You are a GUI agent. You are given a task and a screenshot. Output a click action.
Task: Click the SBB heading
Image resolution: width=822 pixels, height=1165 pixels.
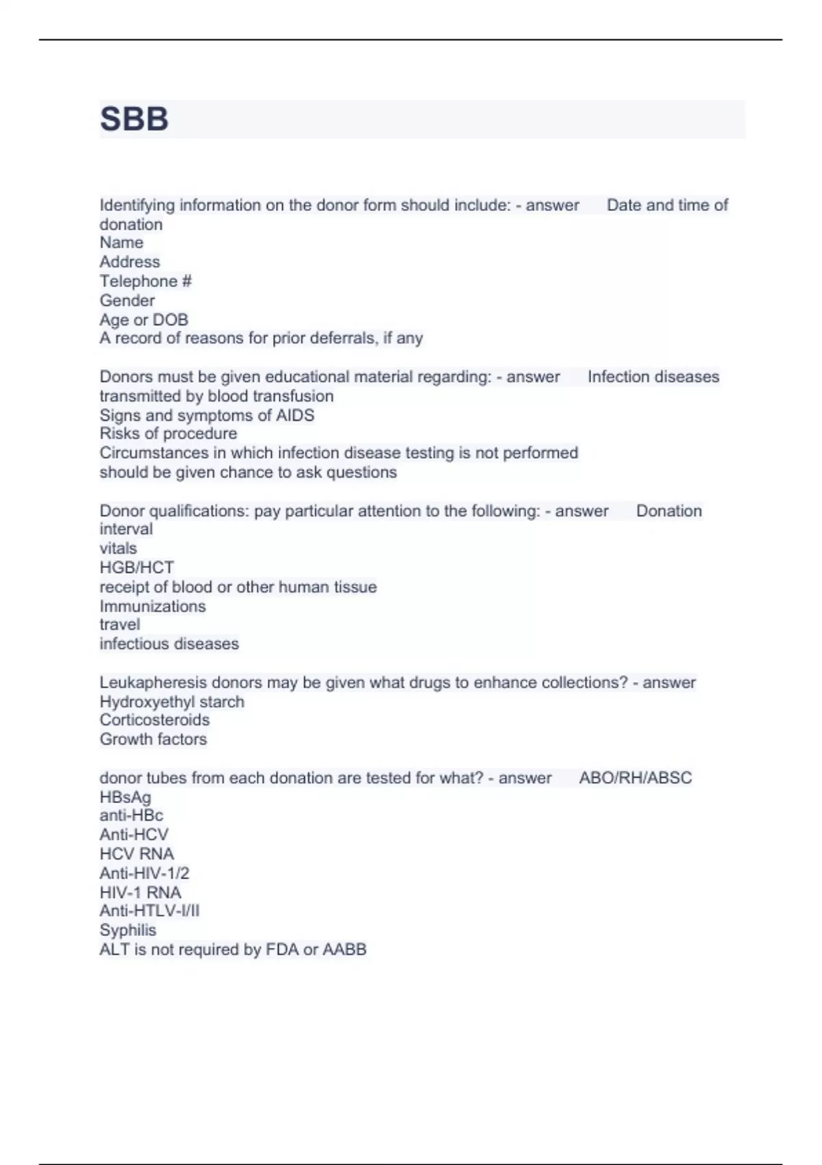[x=134, y=119]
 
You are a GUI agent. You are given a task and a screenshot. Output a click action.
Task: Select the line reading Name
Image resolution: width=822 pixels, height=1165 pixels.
[x=121, y=243]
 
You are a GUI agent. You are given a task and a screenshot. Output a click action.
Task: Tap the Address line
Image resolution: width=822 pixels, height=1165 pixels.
[x=129, y=262]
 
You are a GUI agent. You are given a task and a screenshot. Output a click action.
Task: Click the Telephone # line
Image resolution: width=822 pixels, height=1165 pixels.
[x=145, y=281]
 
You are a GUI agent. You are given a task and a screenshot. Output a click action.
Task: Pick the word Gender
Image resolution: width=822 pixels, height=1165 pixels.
[x=127, y=300]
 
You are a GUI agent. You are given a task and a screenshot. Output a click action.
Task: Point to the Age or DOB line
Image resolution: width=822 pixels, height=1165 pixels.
[x=143, y=319]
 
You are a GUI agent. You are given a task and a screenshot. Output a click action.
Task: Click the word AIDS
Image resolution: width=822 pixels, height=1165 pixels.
[x=295, y=415]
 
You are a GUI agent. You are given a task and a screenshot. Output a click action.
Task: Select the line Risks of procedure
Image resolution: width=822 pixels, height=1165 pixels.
[x=168, y=434]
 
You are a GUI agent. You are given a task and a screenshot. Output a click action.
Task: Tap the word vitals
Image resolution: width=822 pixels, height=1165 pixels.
[x=118, y=548]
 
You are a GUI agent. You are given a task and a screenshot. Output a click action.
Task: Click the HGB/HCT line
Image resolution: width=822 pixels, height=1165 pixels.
[x=136, y=567]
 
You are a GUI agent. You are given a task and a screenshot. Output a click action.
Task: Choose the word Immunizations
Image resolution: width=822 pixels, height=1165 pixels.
[x=152, y=606]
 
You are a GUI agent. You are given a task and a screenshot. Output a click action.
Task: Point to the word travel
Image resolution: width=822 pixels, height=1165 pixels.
[x=119, y=624]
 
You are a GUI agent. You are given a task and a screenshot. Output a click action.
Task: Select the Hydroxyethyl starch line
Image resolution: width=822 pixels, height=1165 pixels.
[x=171, y=702]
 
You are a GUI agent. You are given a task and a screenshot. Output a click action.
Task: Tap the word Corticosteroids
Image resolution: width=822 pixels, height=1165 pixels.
[x=154, y=720]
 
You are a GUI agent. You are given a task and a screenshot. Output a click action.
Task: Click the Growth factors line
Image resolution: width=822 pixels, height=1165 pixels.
[x=153, y=739]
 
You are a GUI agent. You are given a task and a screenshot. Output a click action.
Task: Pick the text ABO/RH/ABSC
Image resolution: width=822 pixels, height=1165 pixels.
[x=635, y=778]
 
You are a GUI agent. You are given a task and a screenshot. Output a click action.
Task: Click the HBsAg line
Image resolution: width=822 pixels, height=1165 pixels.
[x=125, y=797]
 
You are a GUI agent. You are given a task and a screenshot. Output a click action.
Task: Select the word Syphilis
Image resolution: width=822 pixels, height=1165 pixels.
[x=127, y=930]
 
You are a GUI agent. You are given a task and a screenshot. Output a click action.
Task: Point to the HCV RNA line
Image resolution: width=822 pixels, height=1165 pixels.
[x=136, y=854]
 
